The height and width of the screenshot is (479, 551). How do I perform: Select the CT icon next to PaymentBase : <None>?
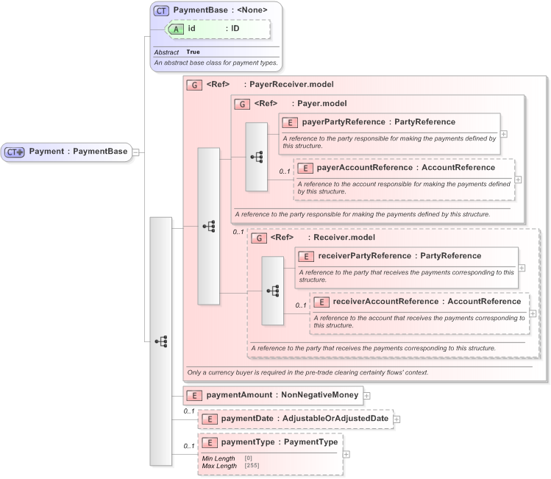coord(161,10)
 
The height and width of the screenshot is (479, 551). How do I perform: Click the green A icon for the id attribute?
coord(177,29)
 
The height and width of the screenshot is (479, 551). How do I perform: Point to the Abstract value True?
coord(193,52)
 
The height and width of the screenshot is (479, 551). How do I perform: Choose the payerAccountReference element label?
coord(396,168)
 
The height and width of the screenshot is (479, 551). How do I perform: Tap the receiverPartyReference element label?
coord(399,256)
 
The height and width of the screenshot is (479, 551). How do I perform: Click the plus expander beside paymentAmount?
coord(366,396)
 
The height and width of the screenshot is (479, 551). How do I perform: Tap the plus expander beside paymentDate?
coord(397,419)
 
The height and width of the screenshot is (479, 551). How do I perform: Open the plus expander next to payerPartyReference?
coord(504,134)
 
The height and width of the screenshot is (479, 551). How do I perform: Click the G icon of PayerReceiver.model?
coord(194,85)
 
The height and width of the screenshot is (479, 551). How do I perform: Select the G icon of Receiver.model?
coord(258,238)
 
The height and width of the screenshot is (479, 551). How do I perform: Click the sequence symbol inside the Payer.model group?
coord(257,157)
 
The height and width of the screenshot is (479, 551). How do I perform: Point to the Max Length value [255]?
coord(252,466)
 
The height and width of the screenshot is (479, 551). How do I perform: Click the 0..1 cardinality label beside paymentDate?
coord(189,411)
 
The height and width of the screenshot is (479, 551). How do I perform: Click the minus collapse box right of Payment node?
coord(135,152)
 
